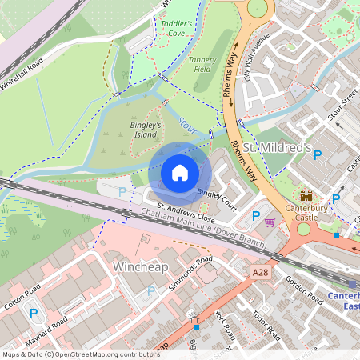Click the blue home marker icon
[180, 173]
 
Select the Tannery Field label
[201, 64]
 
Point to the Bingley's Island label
[146, 130]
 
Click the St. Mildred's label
[276, 149]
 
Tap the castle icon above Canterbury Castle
[306, 194]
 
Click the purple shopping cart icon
[270, 222]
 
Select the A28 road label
[260, 273]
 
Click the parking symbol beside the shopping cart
[256, 215]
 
